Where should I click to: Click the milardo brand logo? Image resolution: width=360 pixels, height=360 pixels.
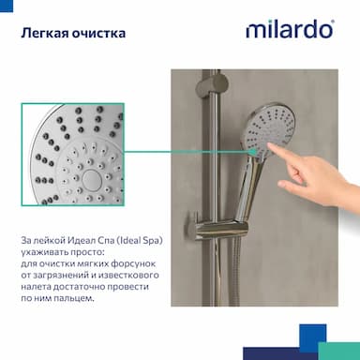(290, 29)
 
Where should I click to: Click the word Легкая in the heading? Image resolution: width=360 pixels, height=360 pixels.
(45, 33)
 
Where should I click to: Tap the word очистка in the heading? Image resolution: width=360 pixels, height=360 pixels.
(98, 33)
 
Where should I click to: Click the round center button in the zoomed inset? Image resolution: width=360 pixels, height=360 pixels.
(92, 179)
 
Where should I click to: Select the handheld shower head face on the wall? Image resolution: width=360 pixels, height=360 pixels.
(269, 131)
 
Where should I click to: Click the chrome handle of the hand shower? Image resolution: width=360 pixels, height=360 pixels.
(251, 190)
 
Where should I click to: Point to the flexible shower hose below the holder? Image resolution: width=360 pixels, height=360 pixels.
(234, 274)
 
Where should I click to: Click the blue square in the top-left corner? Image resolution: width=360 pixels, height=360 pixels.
(7, 6)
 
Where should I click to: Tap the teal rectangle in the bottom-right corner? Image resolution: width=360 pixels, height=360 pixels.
(339, 351)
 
